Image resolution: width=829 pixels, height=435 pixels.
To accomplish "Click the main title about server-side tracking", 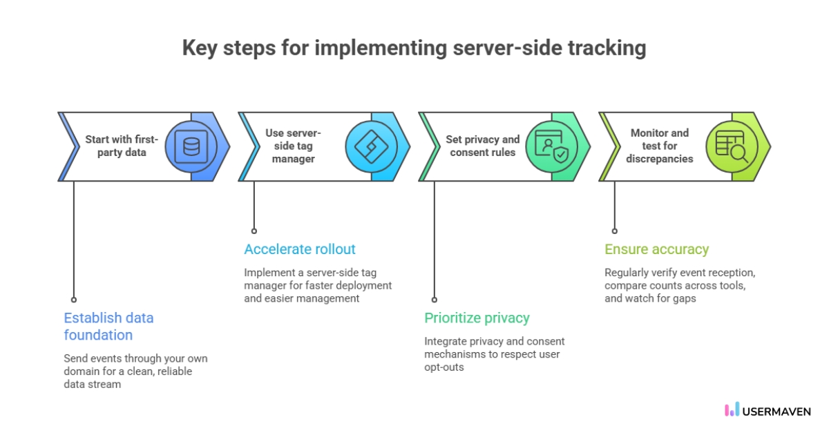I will click(414, 48).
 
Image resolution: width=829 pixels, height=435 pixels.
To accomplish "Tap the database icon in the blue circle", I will click(191, 146).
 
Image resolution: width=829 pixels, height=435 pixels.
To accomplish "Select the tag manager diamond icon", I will click(371, 146).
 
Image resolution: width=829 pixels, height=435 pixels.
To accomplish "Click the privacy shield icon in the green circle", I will click(551, 146).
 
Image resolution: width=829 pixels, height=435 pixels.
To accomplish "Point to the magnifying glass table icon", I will click(731, 146).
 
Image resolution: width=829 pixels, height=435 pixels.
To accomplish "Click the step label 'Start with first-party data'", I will click(122, 146).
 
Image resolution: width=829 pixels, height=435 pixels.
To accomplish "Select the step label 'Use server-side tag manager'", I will click(293, 146).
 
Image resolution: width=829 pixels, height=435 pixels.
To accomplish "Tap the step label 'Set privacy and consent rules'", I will click(482, 146).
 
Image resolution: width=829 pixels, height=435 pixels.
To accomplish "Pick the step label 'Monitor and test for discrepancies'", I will click(659, 146).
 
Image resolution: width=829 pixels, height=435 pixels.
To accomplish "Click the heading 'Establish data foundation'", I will click(108, 327).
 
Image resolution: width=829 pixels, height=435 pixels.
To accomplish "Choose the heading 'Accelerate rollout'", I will click(300, 249).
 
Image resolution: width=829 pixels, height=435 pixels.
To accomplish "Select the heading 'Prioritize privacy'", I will click(477, 318).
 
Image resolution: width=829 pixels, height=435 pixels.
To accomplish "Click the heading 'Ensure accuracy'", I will click(656, 249).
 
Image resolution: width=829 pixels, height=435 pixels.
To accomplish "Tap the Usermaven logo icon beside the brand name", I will click(732, 410).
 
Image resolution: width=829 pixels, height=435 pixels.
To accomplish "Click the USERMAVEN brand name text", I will click(776, 411).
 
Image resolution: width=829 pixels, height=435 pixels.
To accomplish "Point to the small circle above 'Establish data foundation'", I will click(74, 300).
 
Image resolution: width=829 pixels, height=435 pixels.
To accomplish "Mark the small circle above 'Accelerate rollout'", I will click(254, 231).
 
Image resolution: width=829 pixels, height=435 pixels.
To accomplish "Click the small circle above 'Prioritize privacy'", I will click(435, 300).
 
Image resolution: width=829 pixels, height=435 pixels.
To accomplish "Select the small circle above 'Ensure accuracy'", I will click(615, 231).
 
